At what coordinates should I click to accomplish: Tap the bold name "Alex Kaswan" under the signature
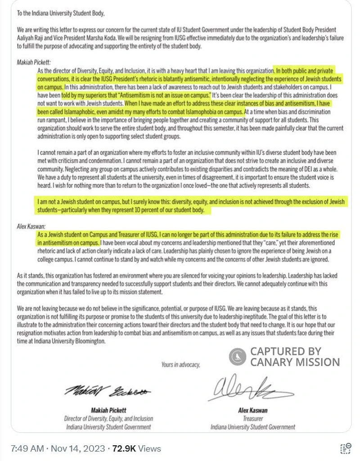(x=253, y=410)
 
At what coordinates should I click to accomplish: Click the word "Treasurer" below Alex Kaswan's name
(x=253, y=418)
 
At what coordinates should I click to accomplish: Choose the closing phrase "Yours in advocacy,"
(x=180, y=365)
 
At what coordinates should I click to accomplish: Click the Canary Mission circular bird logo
(x=237, y=357)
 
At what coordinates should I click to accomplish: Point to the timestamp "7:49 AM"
(x=27, y=448)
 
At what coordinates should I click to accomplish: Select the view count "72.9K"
(x=125, y=448)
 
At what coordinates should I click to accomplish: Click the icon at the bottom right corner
(x=346, y=448)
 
